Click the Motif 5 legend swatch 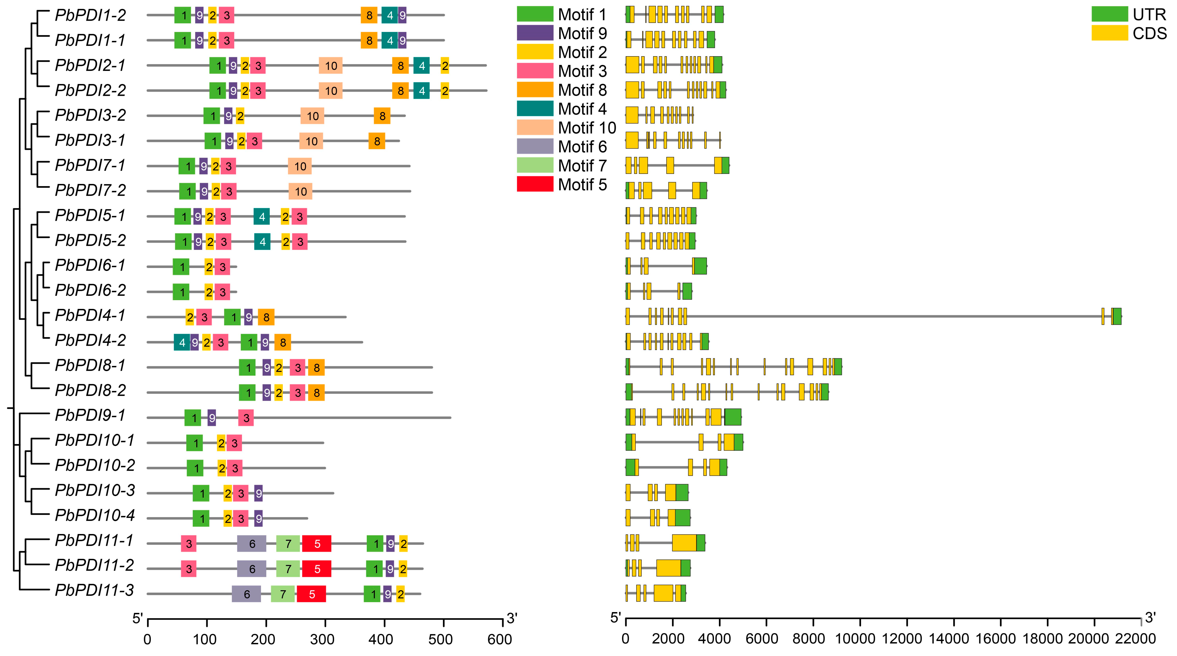535,184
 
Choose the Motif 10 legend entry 587,128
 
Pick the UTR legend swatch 1109,14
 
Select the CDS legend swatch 1109,33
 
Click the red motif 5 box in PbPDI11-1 317,544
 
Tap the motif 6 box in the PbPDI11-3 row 246,594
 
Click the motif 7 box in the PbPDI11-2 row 288,569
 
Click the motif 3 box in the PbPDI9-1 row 246,418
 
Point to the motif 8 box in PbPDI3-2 382,116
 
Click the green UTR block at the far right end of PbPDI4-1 1117,316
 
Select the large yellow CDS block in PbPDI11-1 684,543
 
